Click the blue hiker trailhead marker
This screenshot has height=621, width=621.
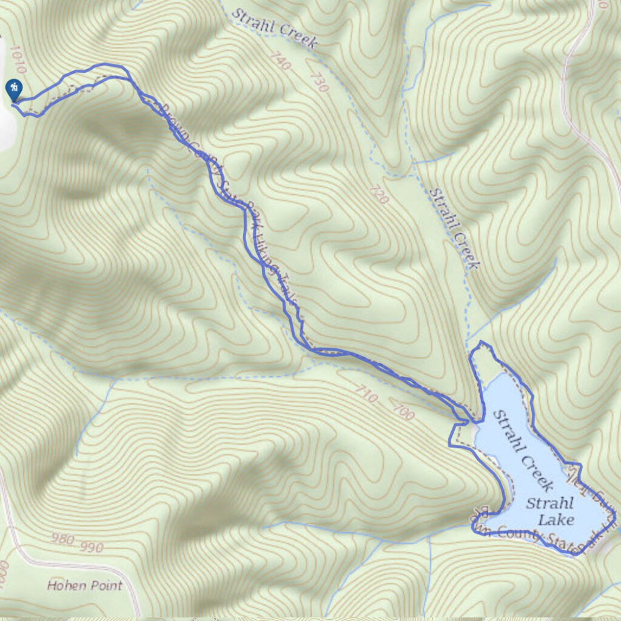(13, 89)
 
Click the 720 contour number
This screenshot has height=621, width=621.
(378, 193)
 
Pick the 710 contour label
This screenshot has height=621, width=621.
(366, 397)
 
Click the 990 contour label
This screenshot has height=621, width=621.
(92, 547)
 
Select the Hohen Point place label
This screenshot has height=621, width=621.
(84, 586)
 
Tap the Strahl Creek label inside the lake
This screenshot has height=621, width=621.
(522, 450)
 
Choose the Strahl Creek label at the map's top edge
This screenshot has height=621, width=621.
(275, 27)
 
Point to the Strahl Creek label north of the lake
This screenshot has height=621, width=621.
(454, 228)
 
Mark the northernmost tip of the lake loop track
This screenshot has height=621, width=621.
(483, 343)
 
